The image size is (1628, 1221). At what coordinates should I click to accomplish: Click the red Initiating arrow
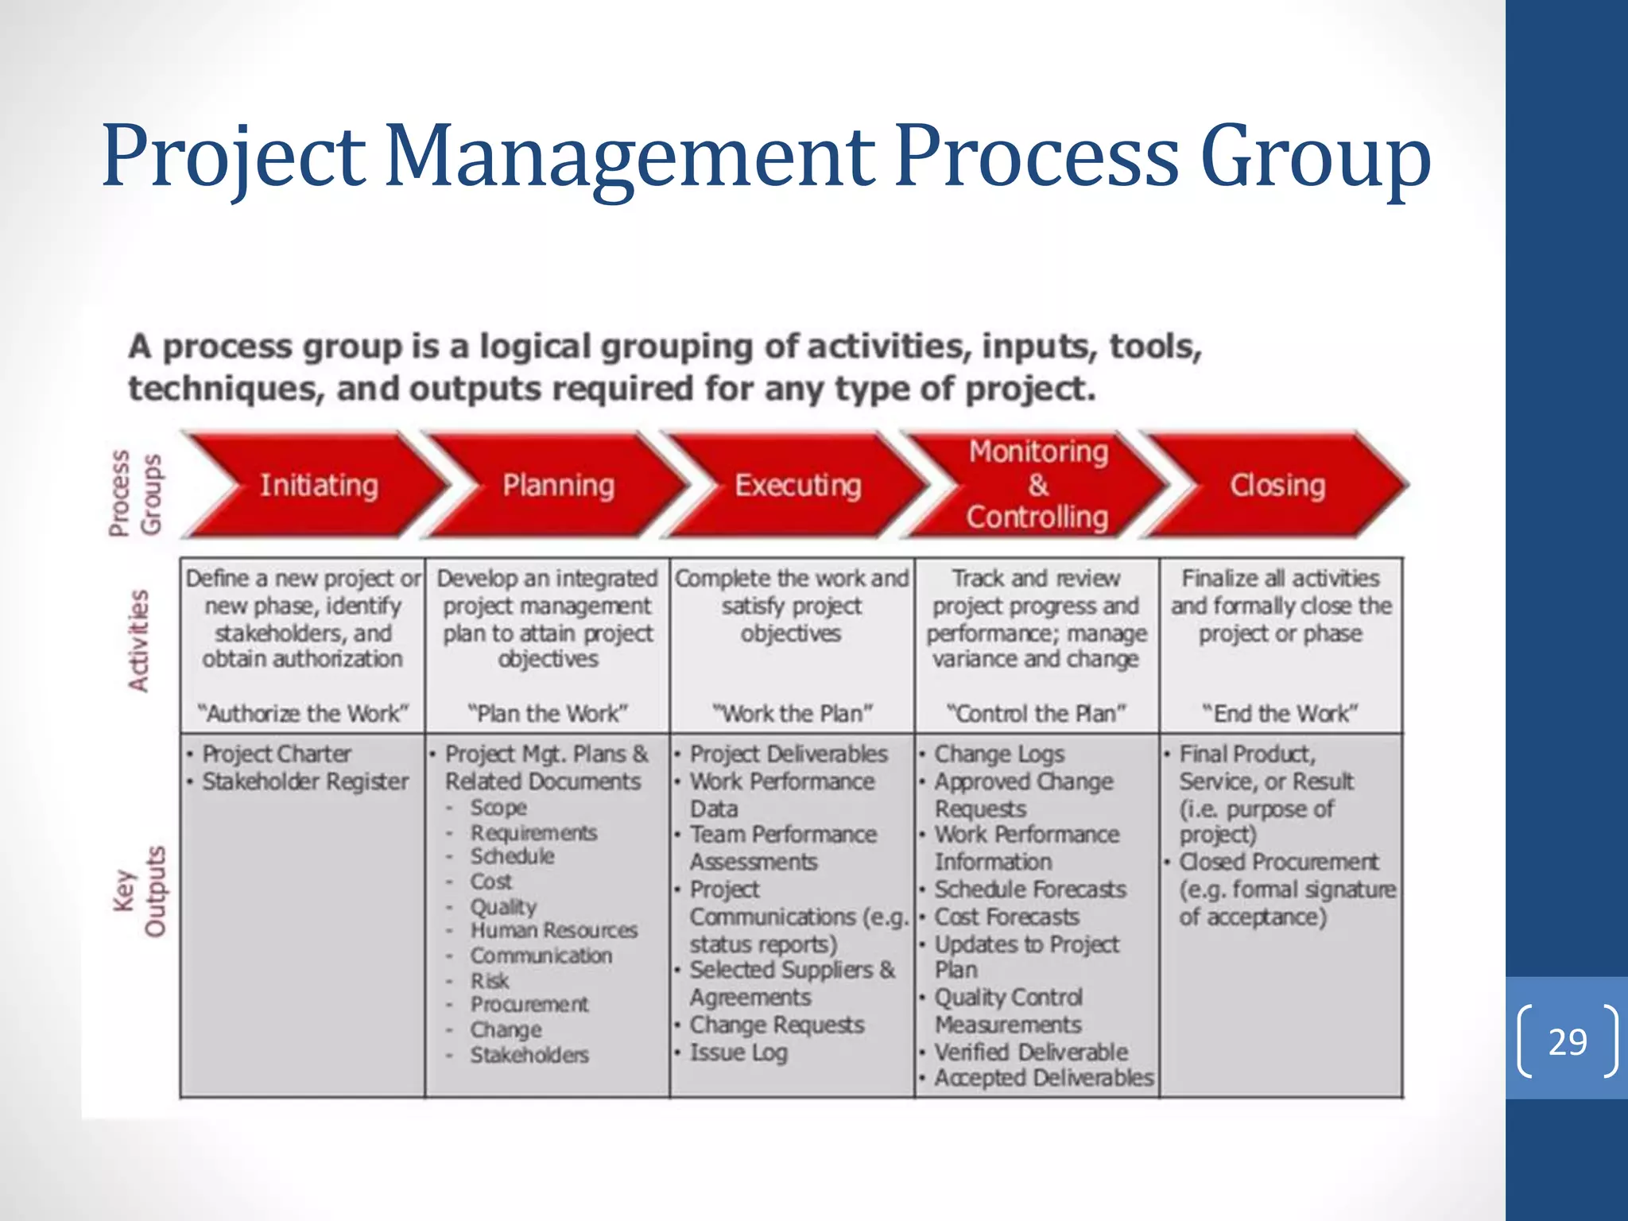[318, 485]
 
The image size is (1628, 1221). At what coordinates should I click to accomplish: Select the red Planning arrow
[558, 485]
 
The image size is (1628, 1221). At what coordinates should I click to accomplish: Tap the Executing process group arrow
[797, 485]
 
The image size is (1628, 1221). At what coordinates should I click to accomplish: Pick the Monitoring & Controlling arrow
[1037, 484]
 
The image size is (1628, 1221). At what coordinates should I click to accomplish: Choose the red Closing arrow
[1277, 485]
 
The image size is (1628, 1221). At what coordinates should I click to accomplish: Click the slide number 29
[1568, 1041]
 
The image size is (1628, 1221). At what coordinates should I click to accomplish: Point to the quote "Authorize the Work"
[303, 713]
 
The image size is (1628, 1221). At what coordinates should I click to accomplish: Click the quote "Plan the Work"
[548, 713]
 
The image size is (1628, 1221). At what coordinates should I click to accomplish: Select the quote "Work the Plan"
[793, 713]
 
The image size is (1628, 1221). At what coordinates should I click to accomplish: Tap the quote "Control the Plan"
[1037, 713]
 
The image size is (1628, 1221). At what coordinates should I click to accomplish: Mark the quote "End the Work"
[1281, 713]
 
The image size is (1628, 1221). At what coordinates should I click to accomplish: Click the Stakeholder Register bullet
[305, 781]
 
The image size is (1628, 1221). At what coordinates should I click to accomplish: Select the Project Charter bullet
[277, 754]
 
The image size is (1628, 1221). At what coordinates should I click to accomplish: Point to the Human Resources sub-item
[553, 930]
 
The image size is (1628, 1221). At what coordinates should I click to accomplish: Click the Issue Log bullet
[738, 1052]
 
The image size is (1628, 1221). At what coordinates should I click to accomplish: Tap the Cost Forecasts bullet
[1006, 917]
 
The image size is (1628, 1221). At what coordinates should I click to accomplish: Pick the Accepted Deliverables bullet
[1043, 1078]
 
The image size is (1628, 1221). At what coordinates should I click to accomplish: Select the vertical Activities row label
[139, 641]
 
